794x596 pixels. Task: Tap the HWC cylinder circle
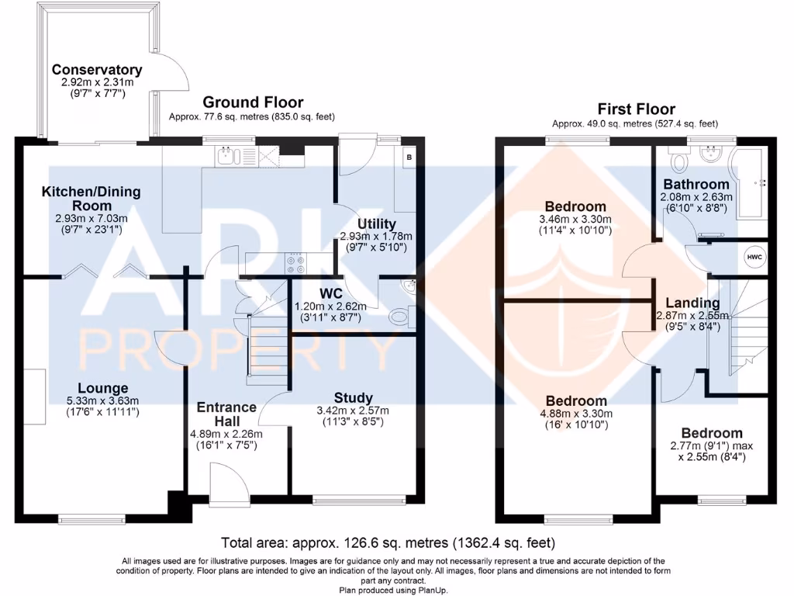[x=753, y=257]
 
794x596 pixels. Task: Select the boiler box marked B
[x=409, y=157]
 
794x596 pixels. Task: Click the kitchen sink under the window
[x=226, y=158]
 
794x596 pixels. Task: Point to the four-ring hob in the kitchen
[x=295, y=265]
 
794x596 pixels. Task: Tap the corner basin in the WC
[x=409, y=287]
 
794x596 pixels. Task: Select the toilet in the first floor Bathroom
[x=679, y=161]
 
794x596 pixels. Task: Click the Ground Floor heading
[x=253, y=102]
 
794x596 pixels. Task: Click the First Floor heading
[x=636, y=109]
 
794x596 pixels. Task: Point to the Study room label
[x=354, y=398]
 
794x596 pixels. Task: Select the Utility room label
[x=376, y=224]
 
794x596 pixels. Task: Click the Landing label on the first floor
[x=692, y=303]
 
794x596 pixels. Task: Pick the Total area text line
[x=388, y=542]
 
